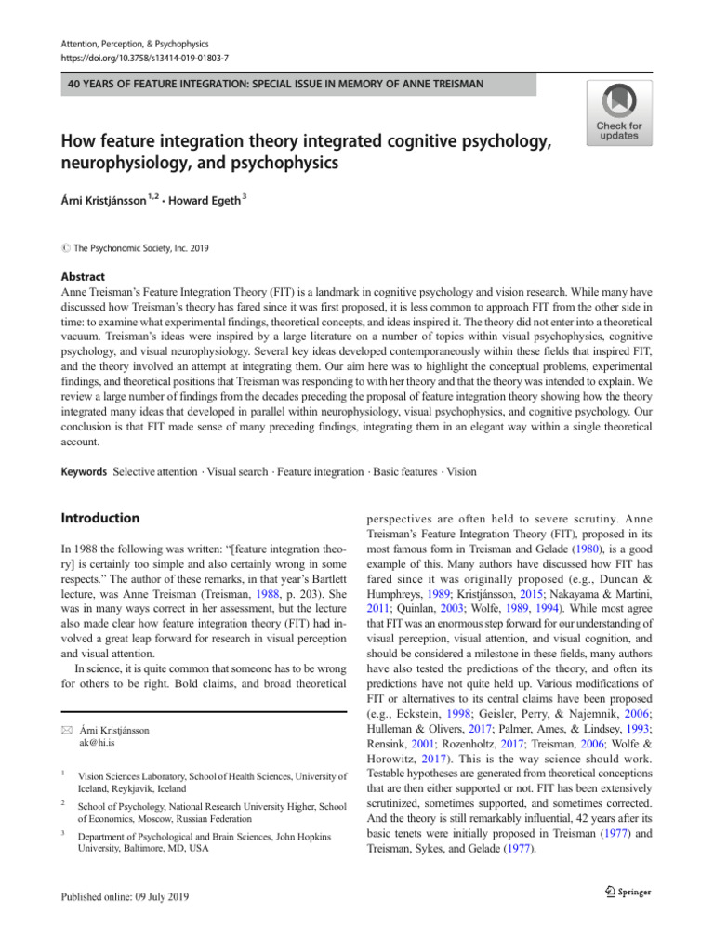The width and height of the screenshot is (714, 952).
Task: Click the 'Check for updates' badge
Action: tap(618, 112)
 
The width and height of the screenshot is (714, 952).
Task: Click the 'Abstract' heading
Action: tap(84, 276)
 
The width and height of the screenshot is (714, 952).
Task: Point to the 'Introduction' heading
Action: tap(99, 518)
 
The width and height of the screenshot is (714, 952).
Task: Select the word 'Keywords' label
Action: tap(83, 471)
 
